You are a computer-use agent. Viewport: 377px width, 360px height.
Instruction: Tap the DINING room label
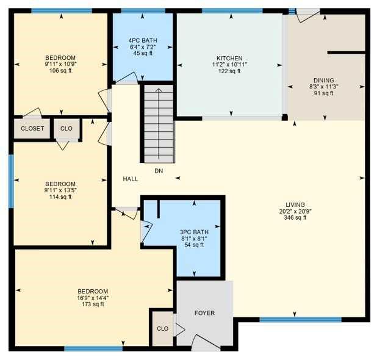pyautogui.click(x=324, y=80)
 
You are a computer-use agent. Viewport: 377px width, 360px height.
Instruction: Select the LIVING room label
pyautogui.click(x=295, y=204)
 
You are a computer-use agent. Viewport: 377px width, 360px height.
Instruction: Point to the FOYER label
pyautogui.click(x=204, y=313)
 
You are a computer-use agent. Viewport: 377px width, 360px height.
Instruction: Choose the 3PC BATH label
pyautogui.click(x=195, y=231)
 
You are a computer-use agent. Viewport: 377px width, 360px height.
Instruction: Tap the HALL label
pyautogui.click(x=131, y=179)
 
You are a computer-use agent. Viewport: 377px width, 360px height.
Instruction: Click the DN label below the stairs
pyautogui.click(x=158, y=171)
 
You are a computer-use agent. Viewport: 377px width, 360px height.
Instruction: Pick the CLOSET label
pyautogui.click(x=32, y=129)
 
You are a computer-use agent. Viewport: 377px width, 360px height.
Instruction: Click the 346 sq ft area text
pyautogui.click(x=295, y=218)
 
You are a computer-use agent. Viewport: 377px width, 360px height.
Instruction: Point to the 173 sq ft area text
pyautogui.click(x=93, y=304)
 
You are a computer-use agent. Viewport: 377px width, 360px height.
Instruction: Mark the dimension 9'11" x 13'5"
pyautogui.click(x=60, y=190)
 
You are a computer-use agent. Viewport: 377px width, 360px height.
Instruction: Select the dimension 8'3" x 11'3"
pyautogui.click(x=324, y=87)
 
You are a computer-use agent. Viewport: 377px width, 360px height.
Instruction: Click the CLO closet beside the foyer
pyautogui.click(x=162, y=328)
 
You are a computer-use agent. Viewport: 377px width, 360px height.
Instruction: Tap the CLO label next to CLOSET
pyautogui.click(x=66, y=129)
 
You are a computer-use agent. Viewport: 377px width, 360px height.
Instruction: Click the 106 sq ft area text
pyautogui.click(x=60, y=70)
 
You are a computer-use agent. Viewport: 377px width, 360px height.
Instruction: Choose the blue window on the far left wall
pyautogui.click(x=11, y=181)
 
